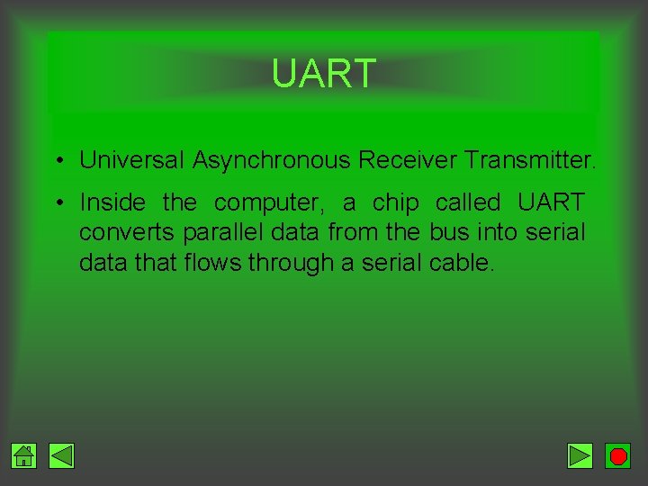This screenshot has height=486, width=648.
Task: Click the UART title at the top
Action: click(x=323, y=74)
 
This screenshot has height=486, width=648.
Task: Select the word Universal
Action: click(x=132, y=161)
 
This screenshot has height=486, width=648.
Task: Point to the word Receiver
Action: click(x=408, y=161)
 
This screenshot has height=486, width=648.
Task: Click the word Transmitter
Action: click(x=530, y=161)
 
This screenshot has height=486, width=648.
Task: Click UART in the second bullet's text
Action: click(x=552, y=202)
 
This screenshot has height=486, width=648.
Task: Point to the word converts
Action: click(x=127, y=232)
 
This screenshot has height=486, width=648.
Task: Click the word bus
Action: click(x=449, y=232)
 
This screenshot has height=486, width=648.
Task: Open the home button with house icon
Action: click(x=24, y=456)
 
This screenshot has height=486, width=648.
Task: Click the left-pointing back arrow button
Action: click(x=61, y=456)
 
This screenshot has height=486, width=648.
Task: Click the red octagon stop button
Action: click(x=617, y=456)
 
